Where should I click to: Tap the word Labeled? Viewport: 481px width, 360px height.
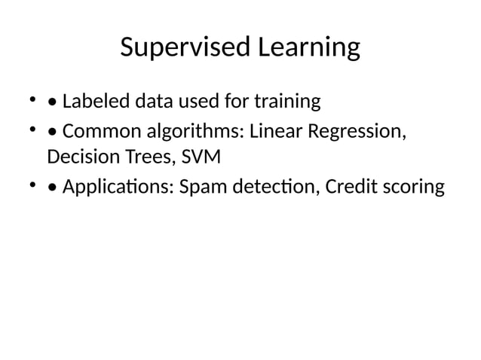(93, 100)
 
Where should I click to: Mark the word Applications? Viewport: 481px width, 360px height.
(118, 186)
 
